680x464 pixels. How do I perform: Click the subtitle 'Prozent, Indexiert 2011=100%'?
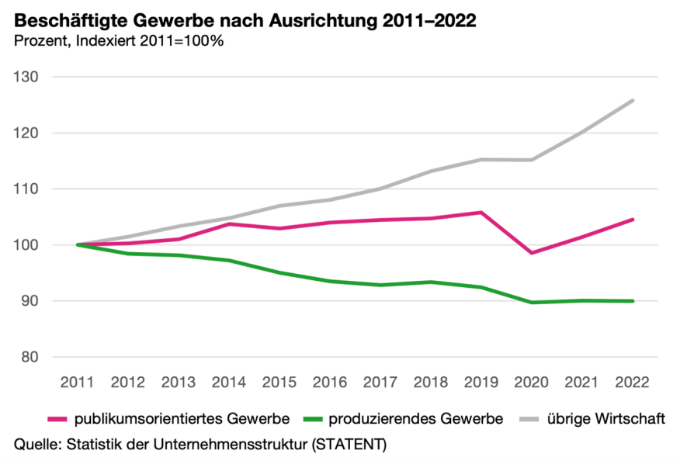pyautogui.click(x=119, y=41)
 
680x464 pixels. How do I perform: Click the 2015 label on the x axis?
pyautogui.click(x=279, y=382)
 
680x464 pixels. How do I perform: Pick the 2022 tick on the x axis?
pyautogui.click(x=633, y=382)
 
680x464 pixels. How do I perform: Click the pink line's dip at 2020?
pyautogui.click(x=532, y=253)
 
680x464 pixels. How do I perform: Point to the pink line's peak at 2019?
pyautogui.click(x=481, y=212)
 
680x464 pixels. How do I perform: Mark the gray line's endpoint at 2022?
pyautogui.click(x=633, y=100)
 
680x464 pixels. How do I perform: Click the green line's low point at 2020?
pyautogui.click(x=532, y=302)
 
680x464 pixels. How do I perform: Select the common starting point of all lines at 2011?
pyautogui.click(x=78, y=244)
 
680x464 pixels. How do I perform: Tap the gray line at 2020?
pyautogui.click(x=532, y=160)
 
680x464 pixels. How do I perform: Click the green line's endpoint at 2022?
pyautogui.click(x=633, y=301)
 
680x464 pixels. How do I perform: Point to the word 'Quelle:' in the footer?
pyautogui.click(x=38, y=445)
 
